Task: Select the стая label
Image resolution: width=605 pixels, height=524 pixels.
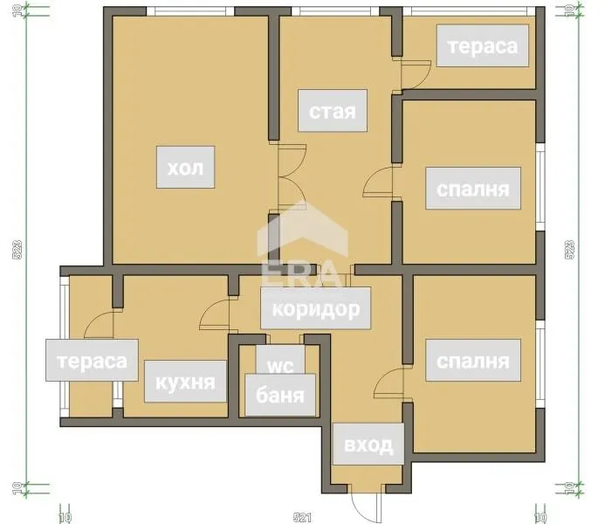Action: coord(332,111)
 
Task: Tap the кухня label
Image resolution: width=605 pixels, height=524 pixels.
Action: coord(185,382)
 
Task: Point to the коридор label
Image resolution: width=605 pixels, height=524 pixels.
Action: coord(316,308)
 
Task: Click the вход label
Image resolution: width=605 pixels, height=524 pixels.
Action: coord(368,445)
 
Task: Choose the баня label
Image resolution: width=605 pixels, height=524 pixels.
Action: coord(279,395)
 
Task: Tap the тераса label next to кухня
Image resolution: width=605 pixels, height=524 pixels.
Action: coord(92,361)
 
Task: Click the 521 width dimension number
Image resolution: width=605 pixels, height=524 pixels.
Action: coord(302,517)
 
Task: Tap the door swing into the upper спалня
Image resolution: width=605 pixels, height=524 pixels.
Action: coord(381,182)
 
